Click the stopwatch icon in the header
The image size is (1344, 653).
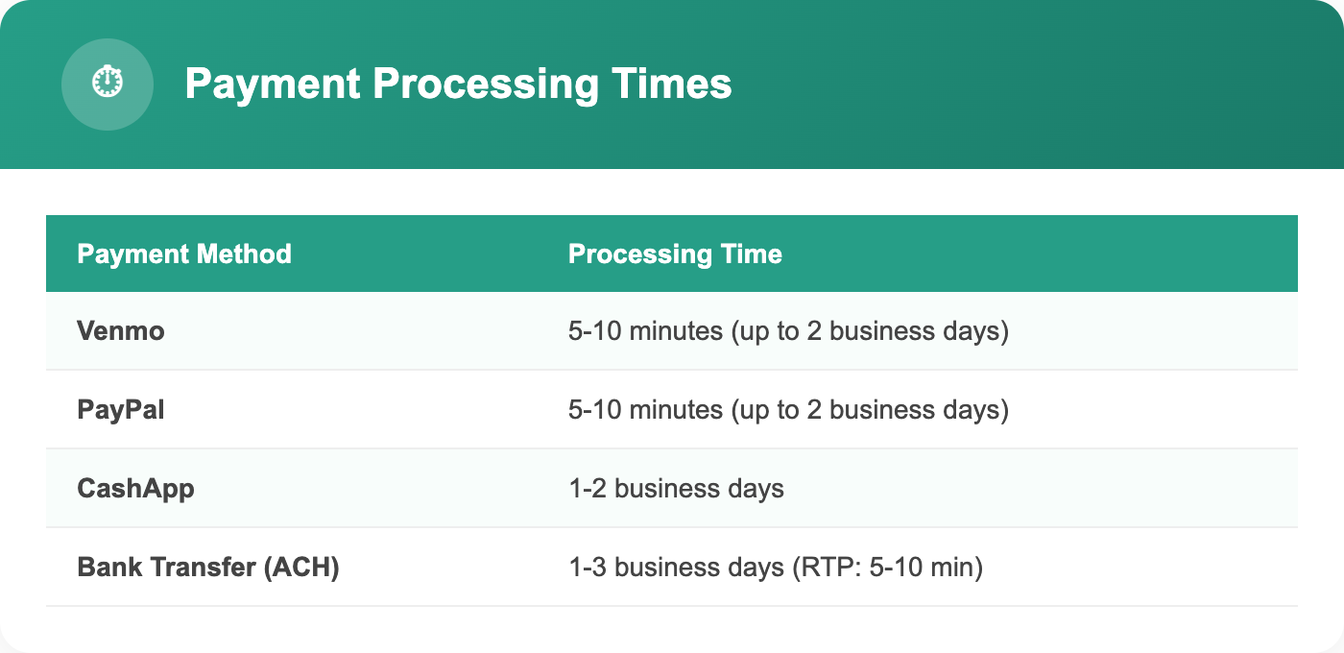coord(108,84)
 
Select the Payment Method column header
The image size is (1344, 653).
coord(184,254)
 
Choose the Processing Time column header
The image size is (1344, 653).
coord(675,254)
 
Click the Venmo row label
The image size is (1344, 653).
coord(121,331)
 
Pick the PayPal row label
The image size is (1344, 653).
coord(121,410)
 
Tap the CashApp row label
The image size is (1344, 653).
coord(135,489)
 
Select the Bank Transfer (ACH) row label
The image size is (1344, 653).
coord(208,568)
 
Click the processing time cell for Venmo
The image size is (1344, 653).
coord(788,331)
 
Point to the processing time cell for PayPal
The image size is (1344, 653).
coord(788,410)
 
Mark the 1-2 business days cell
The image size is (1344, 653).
coord(676,489)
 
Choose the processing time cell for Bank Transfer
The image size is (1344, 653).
coord(776,568)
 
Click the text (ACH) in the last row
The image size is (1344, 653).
coord(301,568)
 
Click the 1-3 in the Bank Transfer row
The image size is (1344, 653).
coord(587,568)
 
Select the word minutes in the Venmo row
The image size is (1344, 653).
coord(677,331)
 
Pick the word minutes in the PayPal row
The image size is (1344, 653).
coord(677,410)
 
